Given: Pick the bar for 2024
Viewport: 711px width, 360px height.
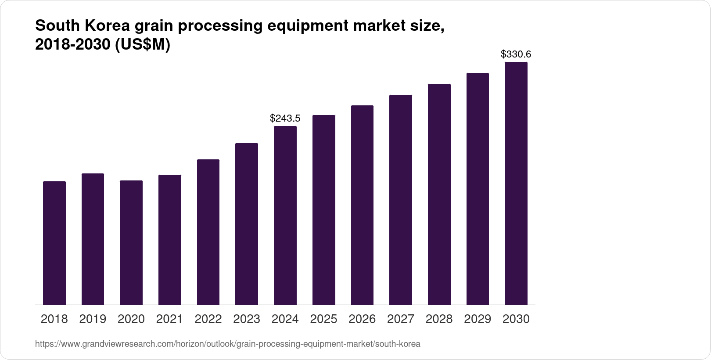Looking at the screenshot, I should pos(285,215).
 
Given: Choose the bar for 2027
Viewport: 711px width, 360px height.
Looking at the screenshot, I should pos(401,200).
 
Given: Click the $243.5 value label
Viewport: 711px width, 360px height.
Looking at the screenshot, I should pos(285,118).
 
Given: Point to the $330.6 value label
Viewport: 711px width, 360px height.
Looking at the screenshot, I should pos(516,54).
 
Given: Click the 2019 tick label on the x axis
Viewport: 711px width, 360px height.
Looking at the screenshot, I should pos(93,319).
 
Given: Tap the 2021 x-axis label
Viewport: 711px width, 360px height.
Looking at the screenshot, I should pos(169,319).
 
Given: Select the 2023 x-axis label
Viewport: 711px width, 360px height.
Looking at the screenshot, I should pos(247,319).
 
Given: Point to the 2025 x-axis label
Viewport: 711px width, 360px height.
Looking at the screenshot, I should pos(323,319).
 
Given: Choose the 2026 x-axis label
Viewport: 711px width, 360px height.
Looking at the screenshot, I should pos(362,319).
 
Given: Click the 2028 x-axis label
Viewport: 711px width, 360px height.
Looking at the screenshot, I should pos(439,319).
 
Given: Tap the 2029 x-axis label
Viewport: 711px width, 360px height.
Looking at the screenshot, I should pos(478,319).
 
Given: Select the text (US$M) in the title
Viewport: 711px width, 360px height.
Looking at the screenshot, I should pos(142,45).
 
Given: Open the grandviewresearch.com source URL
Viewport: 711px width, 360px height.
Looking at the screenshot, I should pos(227,344).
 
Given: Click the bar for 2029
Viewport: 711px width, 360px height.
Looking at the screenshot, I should pos(478,189).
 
